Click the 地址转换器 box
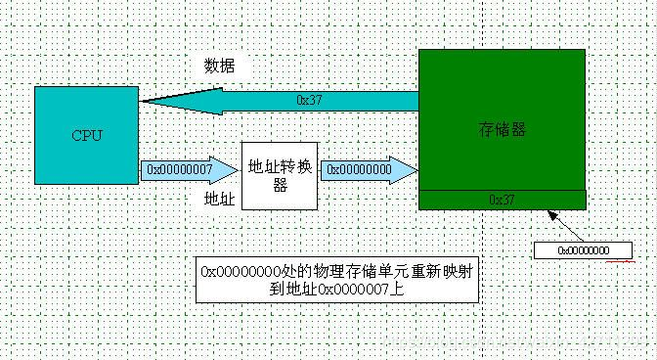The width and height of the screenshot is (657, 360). click(x=280, y=175)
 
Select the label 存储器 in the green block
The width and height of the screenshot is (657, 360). click(x=503, y=128)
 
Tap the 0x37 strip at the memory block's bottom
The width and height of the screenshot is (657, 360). click(x=503, y=199)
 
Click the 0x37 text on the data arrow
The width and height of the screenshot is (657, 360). click(x=309, y=100)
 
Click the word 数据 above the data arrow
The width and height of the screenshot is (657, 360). click(x=219, y=67)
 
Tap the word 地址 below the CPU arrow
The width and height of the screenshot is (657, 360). click(x=218, y=199)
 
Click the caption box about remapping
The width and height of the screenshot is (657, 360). click(x=338, y=280)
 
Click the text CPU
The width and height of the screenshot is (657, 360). click(x=87, y=135)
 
